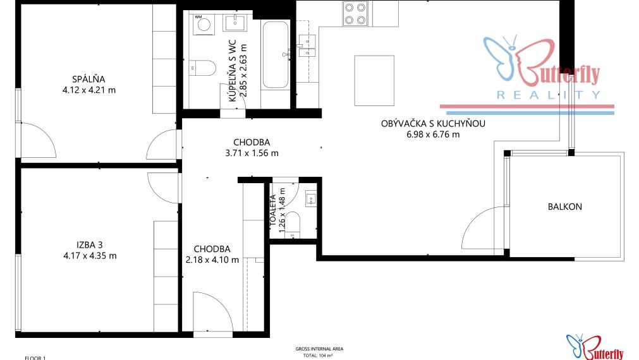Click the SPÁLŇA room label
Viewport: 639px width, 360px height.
[88, 79]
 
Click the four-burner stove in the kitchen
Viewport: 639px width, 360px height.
[356, 14]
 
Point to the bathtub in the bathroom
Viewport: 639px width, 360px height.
[275, 55]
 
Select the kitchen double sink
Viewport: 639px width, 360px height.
[308, 46]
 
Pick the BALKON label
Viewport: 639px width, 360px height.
[565, 207]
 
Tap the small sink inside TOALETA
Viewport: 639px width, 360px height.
[310, 199]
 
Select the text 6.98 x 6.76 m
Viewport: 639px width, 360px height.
[433, 134]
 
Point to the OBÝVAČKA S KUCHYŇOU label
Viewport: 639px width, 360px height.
[433, 124]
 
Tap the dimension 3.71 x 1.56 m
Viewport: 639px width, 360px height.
[252, 152]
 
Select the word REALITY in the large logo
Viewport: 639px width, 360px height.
[548, 95]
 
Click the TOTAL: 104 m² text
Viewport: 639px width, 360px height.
[319, 356]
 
